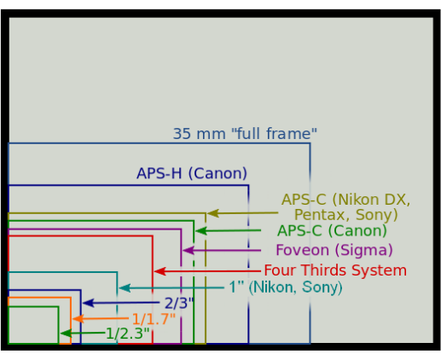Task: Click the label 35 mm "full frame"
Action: (x=245, y=134)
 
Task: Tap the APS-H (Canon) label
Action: (x=192, y=173)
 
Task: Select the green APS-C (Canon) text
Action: (x=332, y=230)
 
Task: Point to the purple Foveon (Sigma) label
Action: (x=334, y=250)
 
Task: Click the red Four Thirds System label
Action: (x=335, y=270)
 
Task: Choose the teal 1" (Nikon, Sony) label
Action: (x=286, y=287)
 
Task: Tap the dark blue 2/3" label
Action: (x=179, y=303)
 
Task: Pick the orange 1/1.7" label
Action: (x=154, y=319)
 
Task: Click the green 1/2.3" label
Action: (x=127, y=334)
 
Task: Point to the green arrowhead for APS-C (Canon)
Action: (x=201, y=231)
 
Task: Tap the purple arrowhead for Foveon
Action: (x=189, y=251)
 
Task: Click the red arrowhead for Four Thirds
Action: (x=160, y=271)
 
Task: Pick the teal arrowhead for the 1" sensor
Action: (x=125, y=288)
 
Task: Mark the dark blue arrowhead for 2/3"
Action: (x=88, y=303)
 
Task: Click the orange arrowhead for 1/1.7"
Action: (x=78, y=319)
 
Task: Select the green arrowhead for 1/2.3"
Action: (x=66, y=334)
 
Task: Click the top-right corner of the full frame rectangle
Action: (x=310, y=143)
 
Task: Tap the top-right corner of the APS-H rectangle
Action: (x=248, y=185)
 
